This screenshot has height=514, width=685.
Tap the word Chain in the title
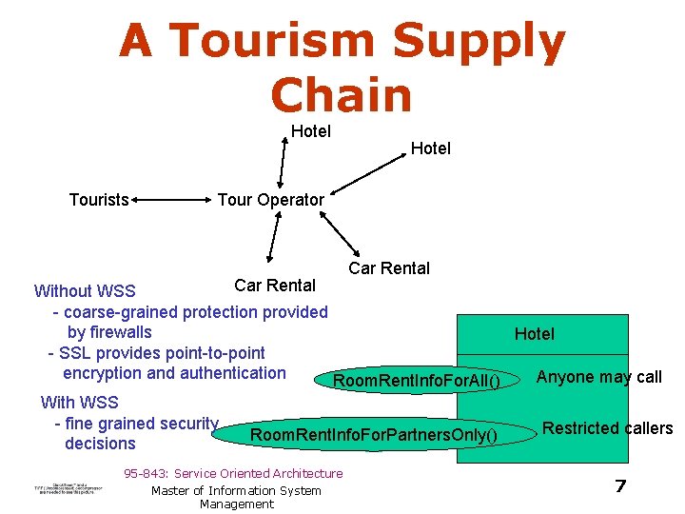pos(342,95)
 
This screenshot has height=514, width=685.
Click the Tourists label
pos(99,200)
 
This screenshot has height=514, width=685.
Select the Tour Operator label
pos(270,200)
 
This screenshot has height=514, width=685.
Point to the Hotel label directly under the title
pos(310,131)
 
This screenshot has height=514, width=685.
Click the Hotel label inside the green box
pos(534,333)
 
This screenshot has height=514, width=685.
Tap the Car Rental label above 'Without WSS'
pos(275,285)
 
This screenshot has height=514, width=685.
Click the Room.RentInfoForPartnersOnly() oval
pos(373,436)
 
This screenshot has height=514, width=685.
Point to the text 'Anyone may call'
pos(599,377)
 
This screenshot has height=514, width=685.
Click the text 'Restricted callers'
pos(607,428)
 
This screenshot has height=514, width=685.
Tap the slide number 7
pos(619,486)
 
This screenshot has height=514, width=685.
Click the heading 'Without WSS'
pos(85,291)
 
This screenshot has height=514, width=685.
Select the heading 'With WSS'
pos(79,403)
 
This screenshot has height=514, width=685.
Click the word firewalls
pos(109,332)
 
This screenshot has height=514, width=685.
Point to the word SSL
pos(77,353)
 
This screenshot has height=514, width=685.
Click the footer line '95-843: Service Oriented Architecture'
pos(233,474)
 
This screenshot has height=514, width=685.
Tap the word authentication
pos(231,373)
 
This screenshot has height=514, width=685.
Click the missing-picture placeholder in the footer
pos(68,488)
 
